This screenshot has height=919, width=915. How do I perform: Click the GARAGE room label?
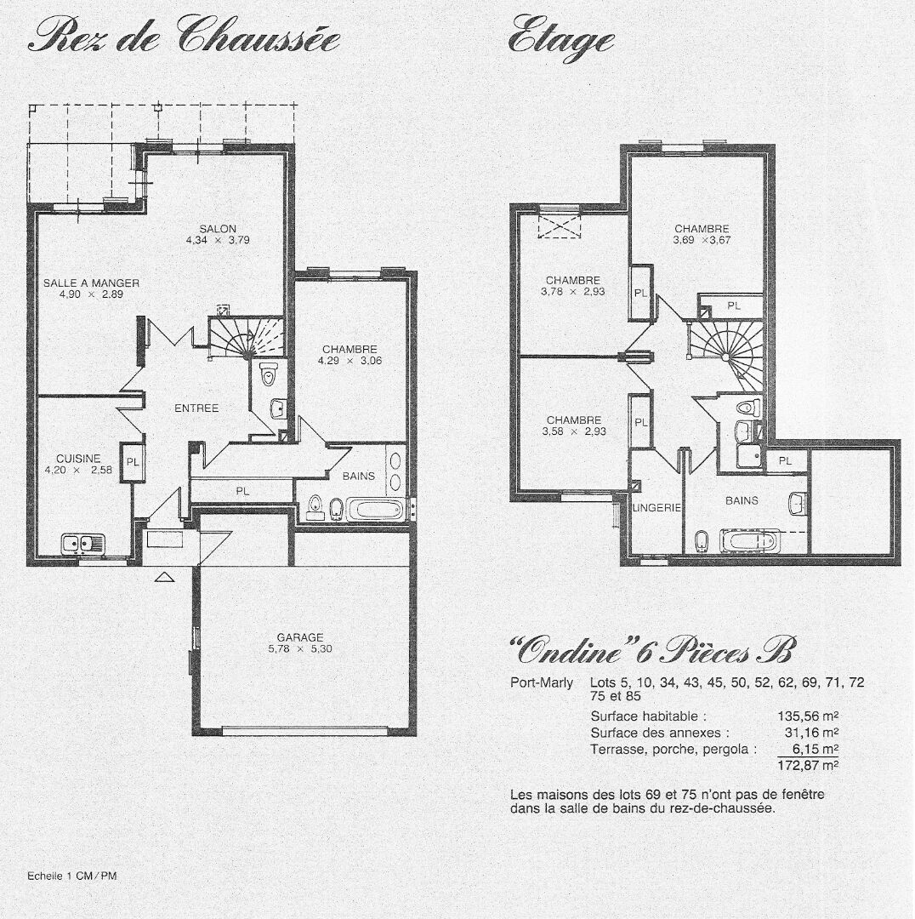[x=300, y=637]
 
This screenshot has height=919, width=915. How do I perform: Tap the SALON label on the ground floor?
[x=218, y=229]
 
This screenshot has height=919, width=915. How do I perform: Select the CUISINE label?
[x=78, y=459]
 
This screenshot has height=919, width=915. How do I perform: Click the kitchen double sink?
[x=82, y=543]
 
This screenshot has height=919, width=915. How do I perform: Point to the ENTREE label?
[x=196, y=408]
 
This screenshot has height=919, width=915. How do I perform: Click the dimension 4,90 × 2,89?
[x=91, y=294]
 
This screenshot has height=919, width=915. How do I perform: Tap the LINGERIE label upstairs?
[x=656, y=507]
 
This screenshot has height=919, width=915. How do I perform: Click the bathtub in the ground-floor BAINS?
[x=375, y=510]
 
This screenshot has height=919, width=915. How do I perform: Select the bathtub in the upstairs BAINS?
[x=750, y=540]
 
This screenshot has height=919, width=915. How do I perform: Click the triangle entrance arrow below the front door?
[x=165, y=577]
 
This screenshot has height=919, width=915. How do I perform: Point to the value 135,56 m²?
[x=808, y=716]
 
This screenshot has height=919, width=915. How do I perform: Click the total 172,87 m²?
[x=808, y=765]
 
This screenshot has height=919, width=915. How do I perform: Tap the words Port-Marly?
[x=542, y=682]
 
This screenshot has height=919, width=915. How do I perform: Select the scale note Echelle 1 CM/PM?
[x=72, y=876]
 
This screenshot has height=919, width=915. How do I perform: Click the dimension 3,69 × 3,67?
[x=702, y=240]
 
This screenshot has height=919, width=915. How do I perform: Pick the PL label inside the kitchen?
[x=133, y=462]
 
